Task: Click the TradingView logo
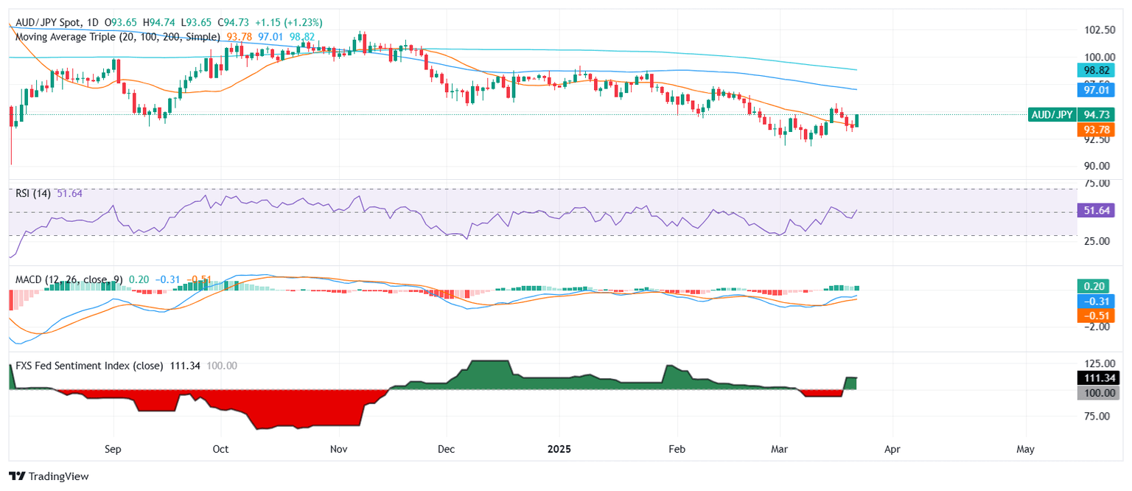(49, 476)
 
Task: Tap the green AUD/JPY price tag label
(1052, 114)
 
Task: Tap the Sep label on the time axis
(113, 448)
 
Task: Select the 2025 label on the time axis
(559, 448)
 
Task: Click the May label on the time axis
(1025, 448)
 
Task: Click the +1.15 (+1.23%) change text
(285, 23)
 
